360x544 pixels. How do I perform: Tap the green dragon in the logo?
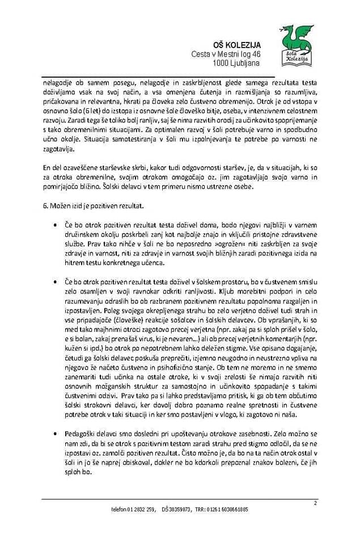[297, 37]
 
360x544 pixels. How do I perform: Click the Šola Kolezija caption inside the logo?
[296, 56]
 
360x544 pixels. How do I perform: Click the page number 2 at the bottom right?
[315, 503]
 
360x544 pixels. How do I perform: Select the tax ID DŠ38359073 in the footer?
[176, 509]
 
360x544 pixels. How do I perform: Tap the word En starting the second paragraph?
[47, 168]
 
